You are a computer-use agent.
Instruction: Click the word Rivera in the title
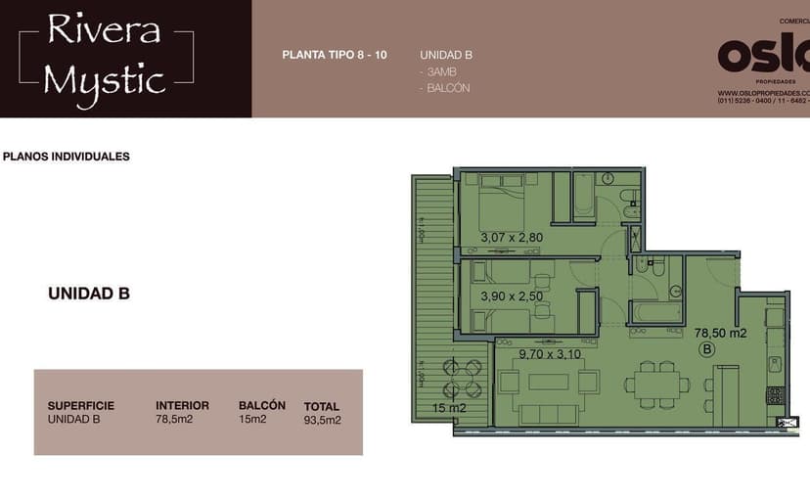click(104, 30)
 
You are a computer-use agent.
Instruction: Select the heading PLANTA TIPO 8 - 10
click(334, 55)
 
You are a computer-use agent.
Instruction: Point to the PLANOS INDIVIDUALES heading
click(67, 157)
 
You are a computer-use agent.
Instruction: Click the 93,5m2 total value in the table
click(322, 421)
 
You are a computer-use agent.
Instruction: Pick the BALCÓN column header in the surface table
click(261, 405)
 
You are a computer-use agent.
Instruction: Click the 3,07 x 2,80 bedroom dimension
click(512, 237)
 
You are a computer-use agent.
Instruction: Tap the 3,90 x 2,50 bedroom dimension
click(512, 295)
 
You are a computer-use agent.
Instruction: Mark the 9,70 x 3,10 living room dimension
click(550, 353)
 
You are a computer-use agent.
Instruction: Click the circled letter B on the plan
click(706, 348)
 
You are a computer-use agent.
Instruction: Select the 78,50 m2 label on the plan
click(721, 333)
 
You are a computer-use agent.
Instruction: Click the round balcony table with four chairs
click(463, 379)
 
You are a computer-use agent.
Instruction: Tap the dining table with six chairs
click(653, 385)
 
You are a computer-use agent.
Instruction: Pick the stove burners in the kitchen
click(774, 395)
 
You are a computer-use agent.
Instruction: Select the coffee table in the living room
click(549, 382)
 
